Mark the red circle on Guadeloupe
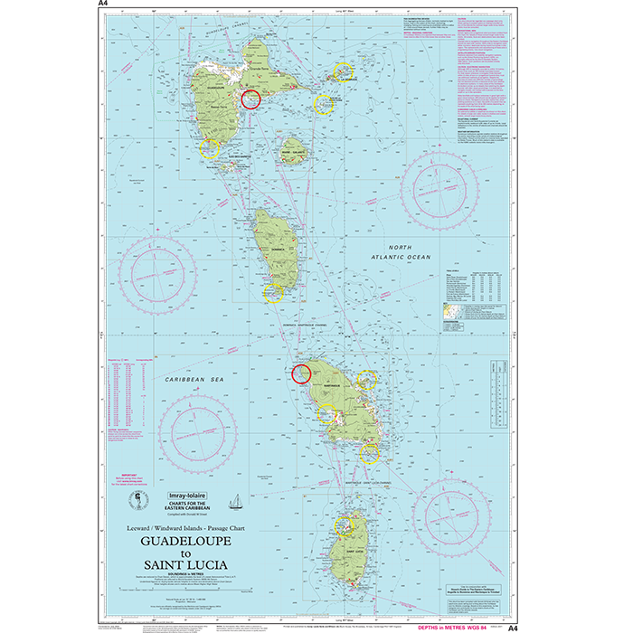(250, 99)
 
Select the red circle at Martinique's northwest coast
(302, 372)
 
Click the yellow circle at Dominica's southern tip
(273, 291)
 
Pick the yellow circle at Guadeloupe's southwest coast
(210, 148)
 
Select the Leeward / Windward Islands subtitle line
(184, 524)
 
